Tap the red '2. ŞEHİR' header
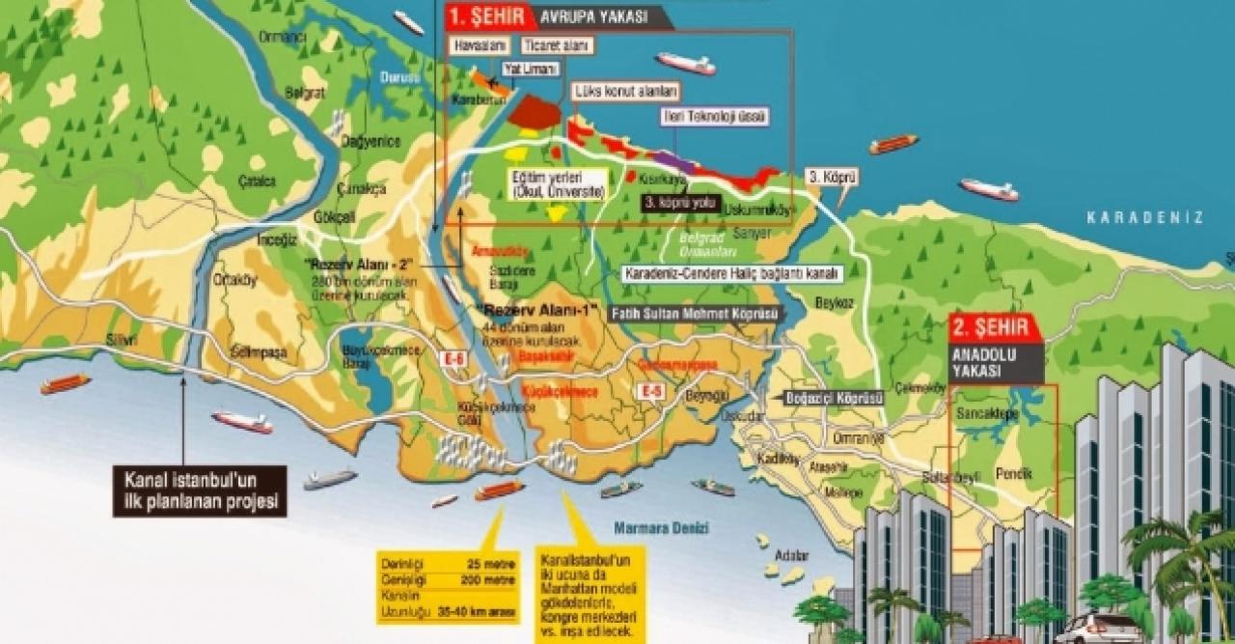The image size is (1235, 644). pyautogui.click(x=996, y=326)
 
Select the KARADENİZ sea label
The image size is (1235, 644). pyautogui.click(x=1144, y=218)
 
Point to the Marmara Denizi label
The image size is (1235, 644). pyautogui.click(x=662, y=528)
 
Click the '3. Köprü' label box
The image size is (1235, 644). pyautogui.click(x=832, y=178)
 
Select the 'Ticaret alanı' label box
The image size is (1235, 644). pyautogui.click(x=557, y=46)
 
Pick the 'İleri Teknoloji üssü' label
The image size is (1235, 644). pyautogui.click(x=715, y=117)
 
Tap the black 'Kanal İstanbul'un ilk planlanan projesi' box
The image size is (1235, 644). pyautogui.click(x=201, y=490)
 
